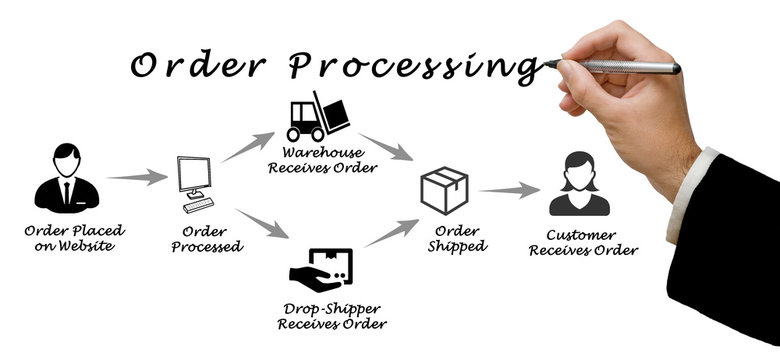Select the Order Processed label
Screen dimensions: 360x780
pos(206,239)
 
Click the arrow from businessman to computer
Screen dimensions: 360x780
pos(135,179)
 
